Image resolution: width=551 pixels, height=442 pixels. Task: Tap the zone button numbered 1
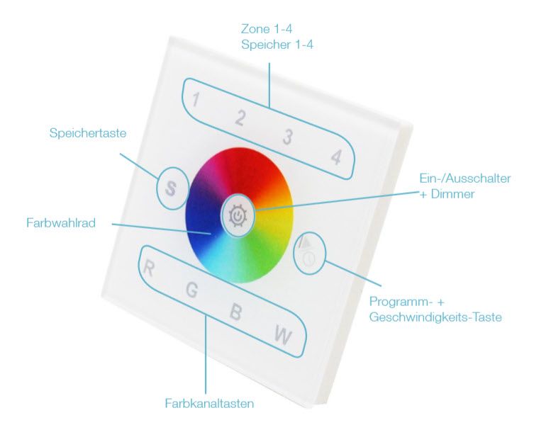196,99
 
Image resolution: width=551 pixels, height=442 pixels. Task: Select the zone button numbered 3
288,137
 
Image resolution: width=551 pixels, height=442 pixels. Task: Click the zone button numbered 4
336,157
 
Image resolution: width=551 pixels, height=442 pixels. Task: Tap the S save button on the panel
171,188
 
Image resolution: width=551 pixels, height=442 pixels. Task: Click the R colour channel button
149,268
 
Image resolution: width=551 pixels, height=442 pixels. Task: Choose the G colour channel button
191,290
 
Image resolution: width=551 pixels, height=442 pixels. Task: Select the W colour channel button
283,336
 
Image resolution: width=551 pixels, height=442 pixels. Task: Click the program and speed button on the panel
310,253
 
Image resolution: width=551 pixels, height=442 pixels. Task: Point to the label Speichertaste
88,133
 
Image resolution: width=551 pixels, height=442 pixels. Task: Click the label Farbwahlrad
61,223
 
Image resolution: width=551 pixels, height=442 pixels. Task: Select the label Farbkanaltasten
209,403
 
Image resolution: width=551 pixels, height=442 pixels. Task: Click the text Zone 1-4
267,29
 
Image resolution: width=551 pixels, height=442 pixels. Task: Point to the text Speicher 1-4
277,45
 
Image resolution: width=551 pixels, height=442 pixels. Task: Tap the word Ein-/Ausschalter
465,178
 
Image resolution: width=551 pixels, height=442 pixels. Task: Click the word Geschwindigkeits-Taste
435,317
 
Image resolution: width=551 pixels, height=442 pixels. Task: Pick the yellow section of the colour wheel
279,214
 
